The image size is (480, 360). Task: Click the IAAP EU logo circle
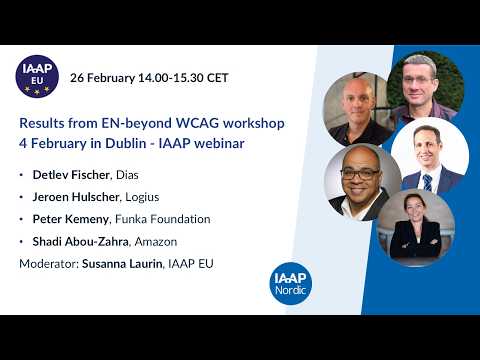click(38, 76)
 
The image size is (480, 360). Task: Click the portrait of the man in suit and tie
click(428, 156)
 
